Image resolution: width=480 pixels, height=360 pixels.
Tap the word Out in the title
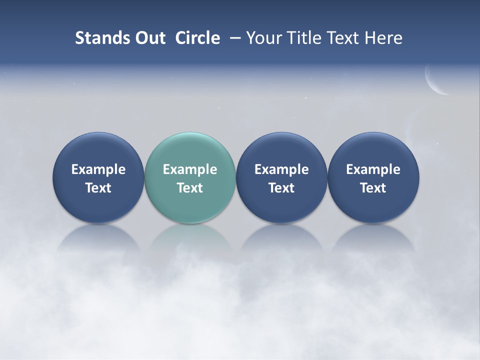[x=148, y=38]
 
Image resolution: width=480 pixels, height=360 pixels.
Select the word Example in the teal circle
[x=190, y=169]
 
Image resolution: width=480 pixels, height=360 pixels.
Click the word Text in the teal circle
[x=190, y=188]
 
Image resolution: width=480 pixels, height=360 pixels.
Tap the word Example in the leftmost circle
[x=98, y=169]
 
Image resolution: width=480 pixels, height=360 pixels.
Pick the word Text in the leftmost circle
[x=98, y=188]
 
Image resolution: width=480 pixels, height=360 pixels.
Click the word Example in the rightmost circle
[x=373, y=169]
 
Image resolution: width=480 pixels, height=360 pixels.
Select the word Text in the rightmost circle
[x=373, y=188]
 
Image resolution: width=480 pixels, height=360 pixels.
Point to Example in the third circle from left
[x=281, y=169]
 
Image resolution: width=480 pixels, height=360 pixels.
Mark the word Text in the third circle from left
[x=281, y=188]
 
